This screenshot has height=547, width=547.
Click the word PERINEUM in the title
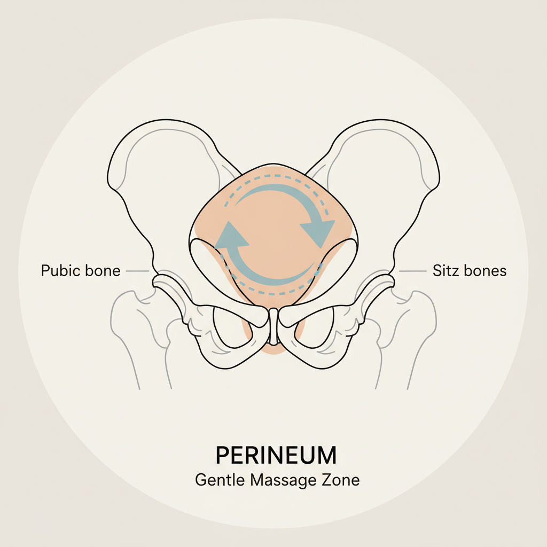[276, 455]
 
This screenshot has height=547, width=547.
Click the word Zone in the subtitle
[343, 479]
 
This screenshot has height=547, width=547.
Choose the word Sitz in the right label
[444, 271]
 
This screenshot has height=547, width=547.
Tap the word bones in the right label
[485, 271]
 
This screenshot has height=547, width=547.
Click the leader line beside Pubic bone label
[137, 271]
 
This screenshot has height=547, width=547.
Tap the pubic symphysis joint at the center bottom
[273, 326]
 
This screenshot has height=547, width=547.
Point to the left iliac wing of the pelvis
[155, 171]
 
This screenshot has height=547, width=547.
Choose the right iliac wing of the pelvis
[393, 171]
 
